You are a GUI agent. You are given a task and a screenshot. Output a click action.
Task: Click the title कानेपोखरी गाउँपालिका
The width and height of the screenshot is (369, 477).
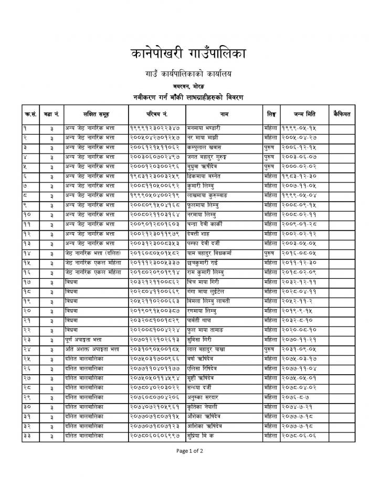[185, 53]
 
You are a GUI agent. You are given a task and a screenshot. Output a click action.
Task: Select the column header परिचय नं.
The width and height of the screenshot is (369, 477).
[156, 114]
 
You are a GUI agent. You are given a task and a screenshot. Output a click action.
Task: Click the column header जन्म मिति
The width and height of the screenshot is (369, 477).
[305, 114]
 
